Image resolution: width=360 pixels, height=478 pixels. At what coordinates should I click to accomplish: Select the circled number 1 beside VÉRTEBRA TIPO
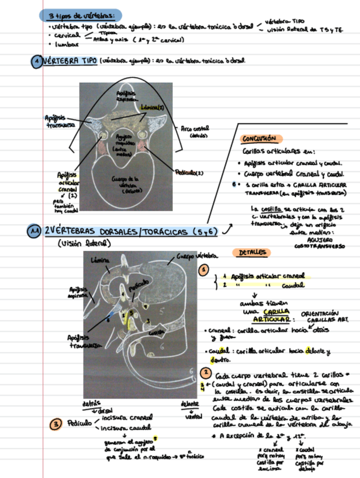click(36, 61)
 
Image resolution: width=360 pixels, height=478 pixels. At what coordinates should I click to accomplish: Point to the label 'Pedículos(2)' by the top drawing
click(189, 172)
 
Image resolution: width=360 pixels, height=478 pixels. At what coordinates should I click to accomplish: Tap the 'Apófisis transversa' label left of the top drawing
click(56, 121)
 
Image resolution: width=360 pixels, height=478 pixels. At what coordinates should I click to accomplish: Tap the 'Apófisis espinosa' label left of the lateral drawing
click(80, 293)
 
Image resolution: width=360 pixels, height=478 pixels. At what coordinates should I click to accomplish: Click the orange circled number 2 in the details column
click(207, 373)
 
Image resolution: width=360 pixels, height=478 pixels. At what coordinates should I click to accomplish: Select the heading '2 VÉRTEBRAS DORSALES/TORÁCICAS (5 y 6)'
click(131, 232)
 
